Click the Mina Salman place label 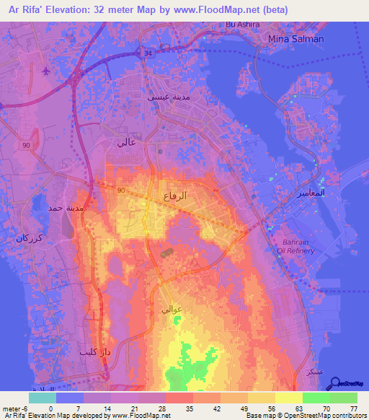[x=295, y=38]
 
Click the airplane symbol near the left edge [x=47, y=71]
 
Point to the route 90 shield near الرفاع [x=122, y=189]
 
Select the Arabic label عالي [x=125, y=142]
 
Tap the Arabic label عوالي [x=171, y=309]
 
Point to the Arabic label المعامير [x=311, y=194]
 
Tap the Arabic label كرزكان [x=30, y=239]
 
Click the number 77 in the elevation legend [x=354, y=408]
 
